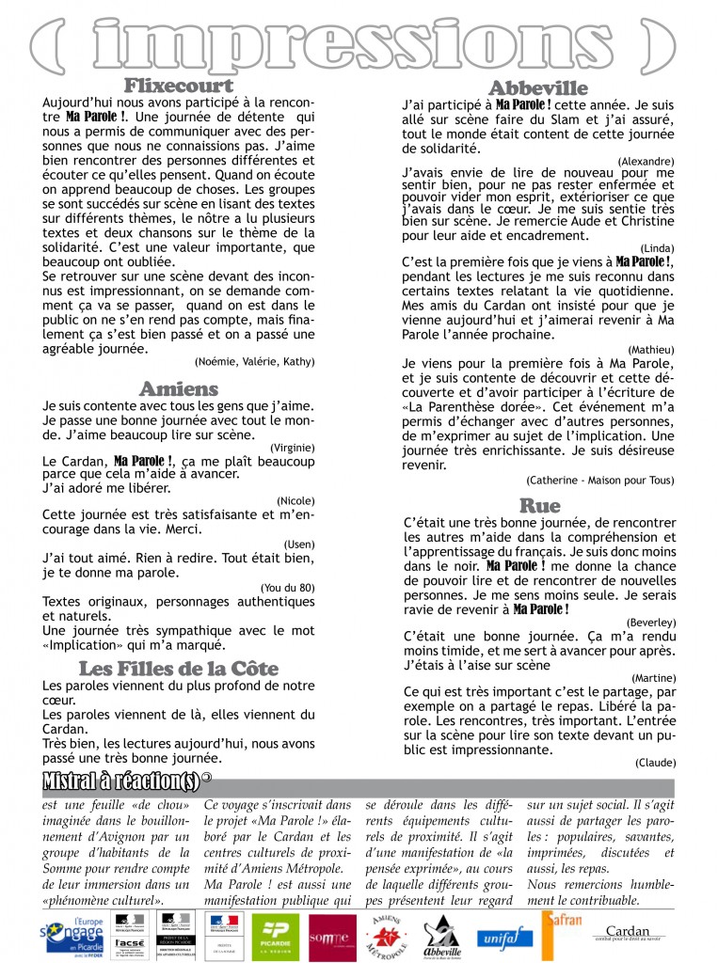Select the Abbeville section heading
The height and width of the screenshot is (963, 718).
tap(538, 89)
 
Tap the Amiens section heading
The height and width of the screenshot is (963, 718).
tap(179, 388)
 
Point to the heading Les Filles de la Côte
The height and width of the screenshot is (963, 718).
tap(179, 669)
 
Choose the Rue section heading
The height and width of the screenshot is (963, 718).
tap(539, 506)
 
